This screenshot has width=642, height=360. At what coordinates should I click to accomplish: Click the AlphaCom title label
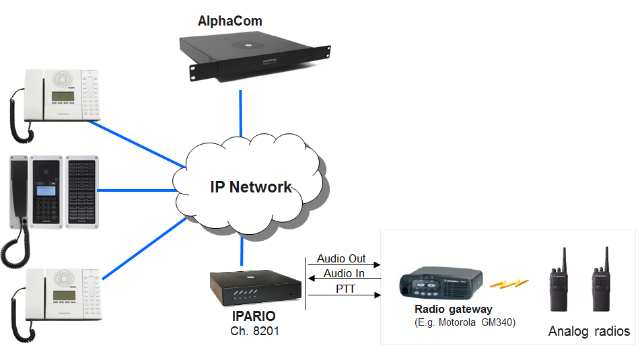229,21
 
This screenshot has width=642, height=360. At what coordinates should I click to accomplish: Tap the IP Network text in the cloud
251,186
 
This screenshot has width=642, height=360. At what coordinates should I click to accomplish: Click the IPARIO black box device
255,289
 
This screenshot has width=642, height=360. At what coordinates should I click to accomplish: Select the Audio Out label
342,258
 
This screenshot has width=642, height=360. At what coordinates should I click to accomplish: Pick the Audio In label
344,273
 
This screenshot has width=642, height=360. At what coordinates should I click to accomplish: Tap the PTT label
345,288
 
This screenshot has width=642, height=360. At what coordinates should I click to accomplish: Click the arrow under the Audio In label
344,280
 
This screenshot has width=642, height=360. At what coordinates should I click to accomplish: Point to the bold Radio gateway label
454,309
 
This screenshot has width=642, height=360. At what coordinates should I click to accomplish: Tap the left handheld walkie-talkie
560,283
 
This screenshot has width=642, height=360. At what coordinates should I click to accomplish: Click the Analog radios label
589,331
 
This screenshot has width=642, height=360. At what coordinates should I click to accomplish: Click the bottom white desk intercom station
59,297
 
